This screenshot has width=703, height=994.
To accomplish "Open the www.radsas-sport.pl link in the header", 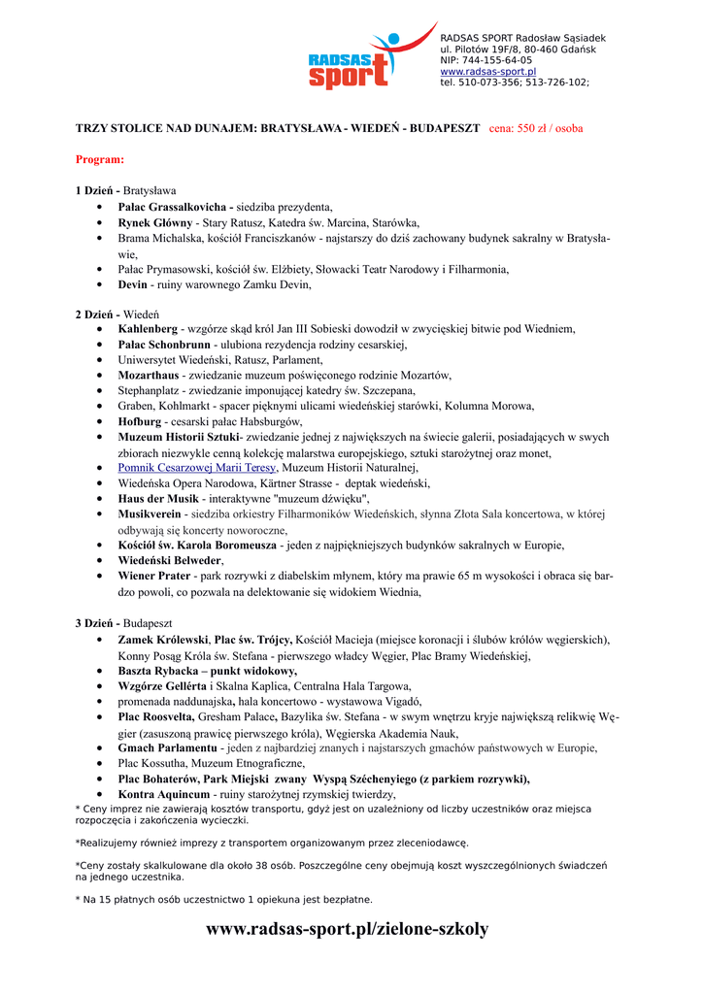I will (487, 72).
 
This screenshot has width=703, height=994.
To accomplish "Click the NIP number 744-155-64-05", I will (486, 60).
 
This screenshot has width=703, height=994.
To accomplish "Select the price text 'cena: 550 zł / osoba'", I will (535, 128).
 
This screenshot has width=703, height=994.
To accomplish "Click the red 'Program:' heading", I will (100, 158).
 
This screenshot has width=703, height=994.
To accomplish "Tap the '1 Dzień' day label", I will (97, 190).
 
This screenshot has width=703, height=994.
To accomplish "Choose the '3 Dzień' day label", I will (97, 622).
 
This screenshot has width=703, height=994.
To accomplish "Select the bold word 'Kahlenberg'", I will (148, 329).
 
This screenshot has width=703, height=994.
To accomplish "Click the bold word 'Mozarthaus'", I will (149, 375).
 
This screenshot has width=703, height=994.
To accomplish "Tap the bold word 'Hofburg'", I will (139, 422).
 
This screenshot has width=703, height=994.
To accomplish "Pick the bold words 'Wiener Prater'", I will (154, 576).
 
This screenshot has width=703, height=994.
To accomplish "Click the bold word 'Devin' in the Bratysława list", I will (132, 284).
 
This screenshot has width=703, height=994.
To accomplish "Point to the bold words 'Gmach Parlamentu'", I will (167, 748).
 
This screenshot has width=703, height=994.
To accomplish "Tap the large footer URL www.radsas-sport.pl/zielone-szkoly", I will (348, 930).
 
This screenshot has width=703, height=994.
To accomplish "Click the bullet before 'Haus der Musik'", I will (101, 499).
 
